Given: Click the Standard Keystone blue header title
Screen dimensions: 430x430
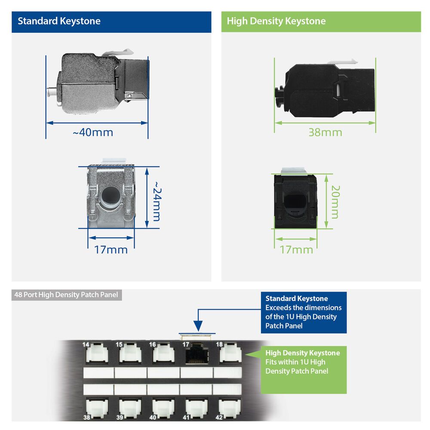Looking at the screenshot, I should pos(59,21).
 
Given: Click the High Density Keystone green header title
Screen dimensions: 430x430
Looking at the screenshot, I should pos(276,21).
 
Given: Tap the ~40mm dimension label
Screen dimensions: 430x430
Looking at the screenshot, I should pos(93,132).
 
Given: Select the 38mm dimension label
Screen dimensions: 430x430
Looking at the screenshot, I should pos(325,132).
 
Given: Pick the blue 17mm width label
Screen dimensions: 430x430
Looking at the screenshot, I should pos(111,249).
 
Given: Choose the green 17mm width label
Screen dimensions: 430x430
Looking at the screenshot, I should pos(296,249).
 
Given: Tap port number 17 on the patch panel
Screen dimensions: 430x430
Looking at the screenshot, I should pos(197,354).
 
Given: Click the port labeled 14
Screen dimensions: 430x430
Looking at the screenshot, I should pos(97,353).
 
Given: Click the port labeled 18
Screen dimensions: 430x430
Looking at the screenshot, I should pos(229,353).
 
